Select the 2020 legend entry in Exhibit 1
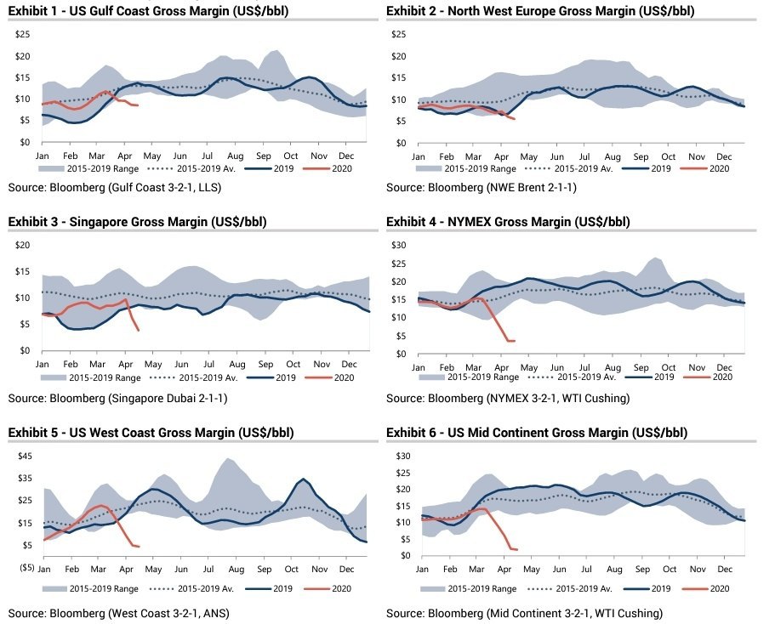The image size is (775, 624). pos(331,169)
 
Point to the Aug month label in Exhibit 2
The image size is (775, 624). pos(613,157)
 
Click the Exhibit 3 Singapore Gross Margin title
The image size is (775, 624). pos(137,222)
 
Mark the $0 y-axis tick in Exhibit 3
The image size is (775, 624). pos(26,351)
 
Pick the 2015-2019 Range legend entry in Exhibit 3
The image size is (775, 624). pos(91,377)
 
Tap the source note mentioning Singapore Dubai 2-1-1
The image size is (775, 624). pos(117,398)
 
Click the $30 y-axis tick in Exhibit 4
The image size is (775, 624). pos(400,245)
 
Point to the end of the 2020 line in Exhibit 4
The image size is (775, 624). pos(515,341)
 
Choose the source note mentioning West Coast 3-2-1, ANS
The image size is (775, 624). pos(119,613)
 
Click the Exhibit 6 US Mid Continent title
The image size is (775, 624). pos(537,433)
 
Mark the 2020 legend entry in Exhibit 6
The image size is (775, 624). pos(713,588)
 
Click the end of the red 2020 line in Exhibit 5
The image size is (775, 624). pos(139,547)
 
